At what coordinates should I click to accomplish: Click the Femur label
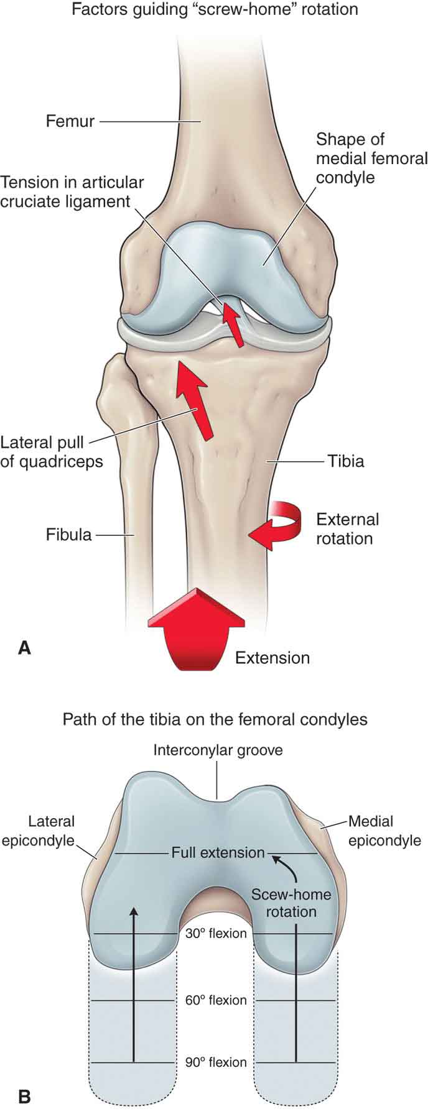click(70, 121)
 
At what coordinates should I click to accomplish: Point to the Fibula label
click(68, 535)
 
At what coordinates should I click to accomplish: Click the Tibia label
click(346, 461)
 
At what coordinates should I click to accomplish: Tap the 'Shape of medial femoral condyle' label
click(371, 159)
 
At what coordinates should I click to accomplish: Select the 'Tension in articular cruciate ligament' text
click(72, 191)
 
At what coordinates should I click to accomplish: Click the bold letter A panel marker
click(24, 648)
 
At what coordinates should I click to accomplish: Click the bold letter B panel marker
click(24, 1095)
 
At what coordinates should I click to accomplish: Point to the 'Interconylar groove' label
click(218, 750)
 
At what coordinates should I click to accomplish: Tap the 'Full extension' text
click(218, 852)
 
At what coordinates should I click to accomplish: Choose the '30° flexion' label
click(216, 933)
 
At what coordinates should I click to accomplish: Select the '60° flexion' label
click(216, 1000)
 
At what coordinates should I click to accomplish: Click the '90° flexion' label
click(216, 1062)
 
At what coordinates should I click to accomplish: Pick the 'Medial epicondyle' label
click(384, 831)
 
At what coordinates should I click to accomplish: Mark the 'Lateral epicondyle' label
click(38, 831)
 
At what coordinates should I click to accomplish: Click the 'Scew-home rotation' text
click(291, 903)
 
